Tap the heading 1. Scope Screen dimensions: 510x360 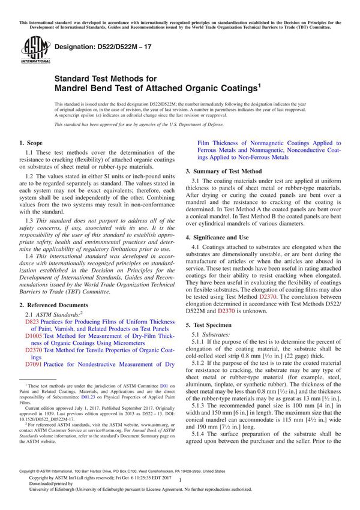[x=31, y=144]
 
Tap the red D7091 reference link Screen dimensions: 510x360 [x=34, y=364]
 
